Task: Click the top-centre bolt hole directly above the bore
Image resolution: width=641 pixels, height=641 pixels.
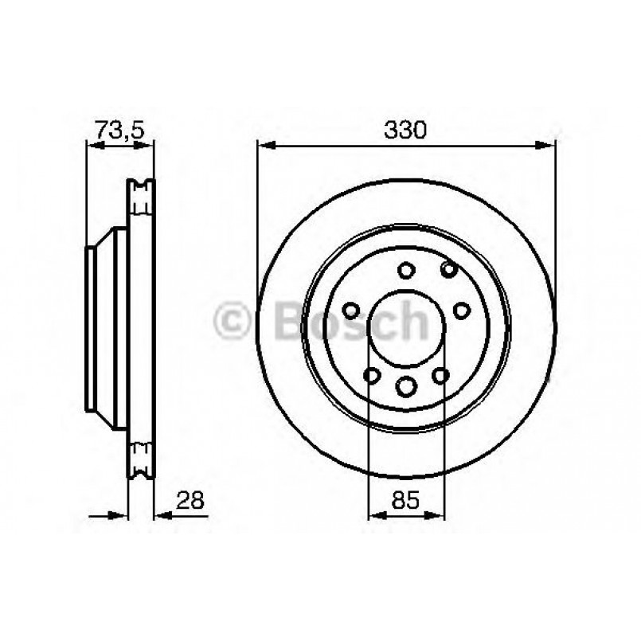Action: (x=407, y=269)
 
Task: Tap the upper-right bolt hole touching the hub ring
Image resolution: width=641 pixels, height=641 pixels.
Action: (x=449, y=269)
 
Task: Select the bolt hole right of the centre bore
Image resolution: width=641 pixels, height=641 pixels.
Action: (x=462, y=311)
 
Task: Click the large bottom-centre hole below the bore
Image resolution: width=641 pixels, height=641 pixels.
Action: (x=407, y=387)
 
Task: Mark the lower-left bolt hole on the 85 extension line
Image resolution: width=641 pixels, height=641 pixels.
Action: (x=370, y=375)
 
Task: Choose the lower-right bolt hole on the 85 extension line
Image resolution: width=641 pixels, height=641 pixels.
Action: (x=443, y=375)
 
